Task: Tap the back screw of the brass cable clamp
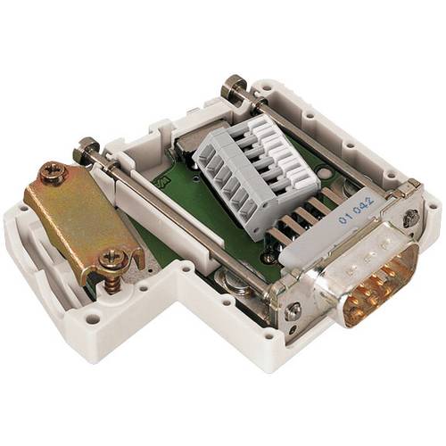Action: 53,172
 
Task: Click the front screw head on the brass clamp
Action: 113,260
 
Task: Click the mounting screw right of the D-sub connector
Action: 411,217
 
